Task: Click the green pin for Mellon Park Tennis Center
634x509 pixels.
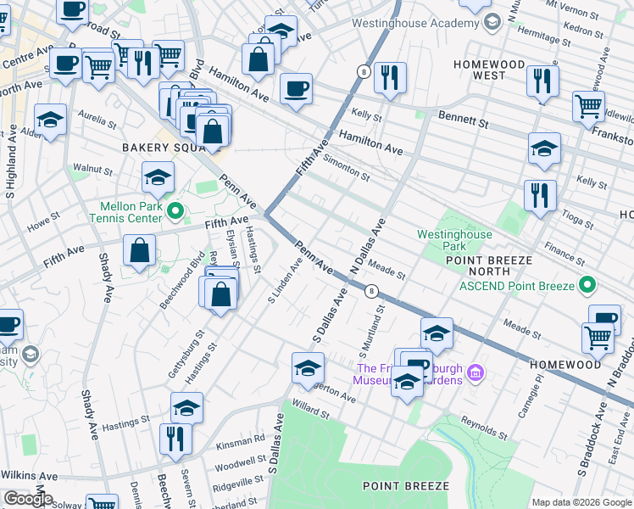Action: (175, 210)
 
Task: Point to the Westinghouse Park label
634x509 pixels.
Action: (454, 240)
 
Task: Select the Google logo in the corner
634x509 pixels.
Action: (27, 498)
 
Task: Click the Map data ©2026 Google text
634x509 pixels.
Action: (581, 502)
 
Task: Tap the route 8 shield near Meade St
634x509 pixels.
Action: (370, 291)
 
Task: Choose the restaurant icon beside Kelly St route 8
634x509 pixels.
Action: (390, 78)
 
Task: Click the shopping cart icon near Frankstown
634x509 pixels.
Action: (588, 107)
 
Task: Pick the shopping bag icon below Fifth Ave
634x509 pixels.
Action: (139, 252)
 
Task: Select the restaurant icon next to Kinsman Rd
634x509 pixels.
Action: (175, 439)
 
